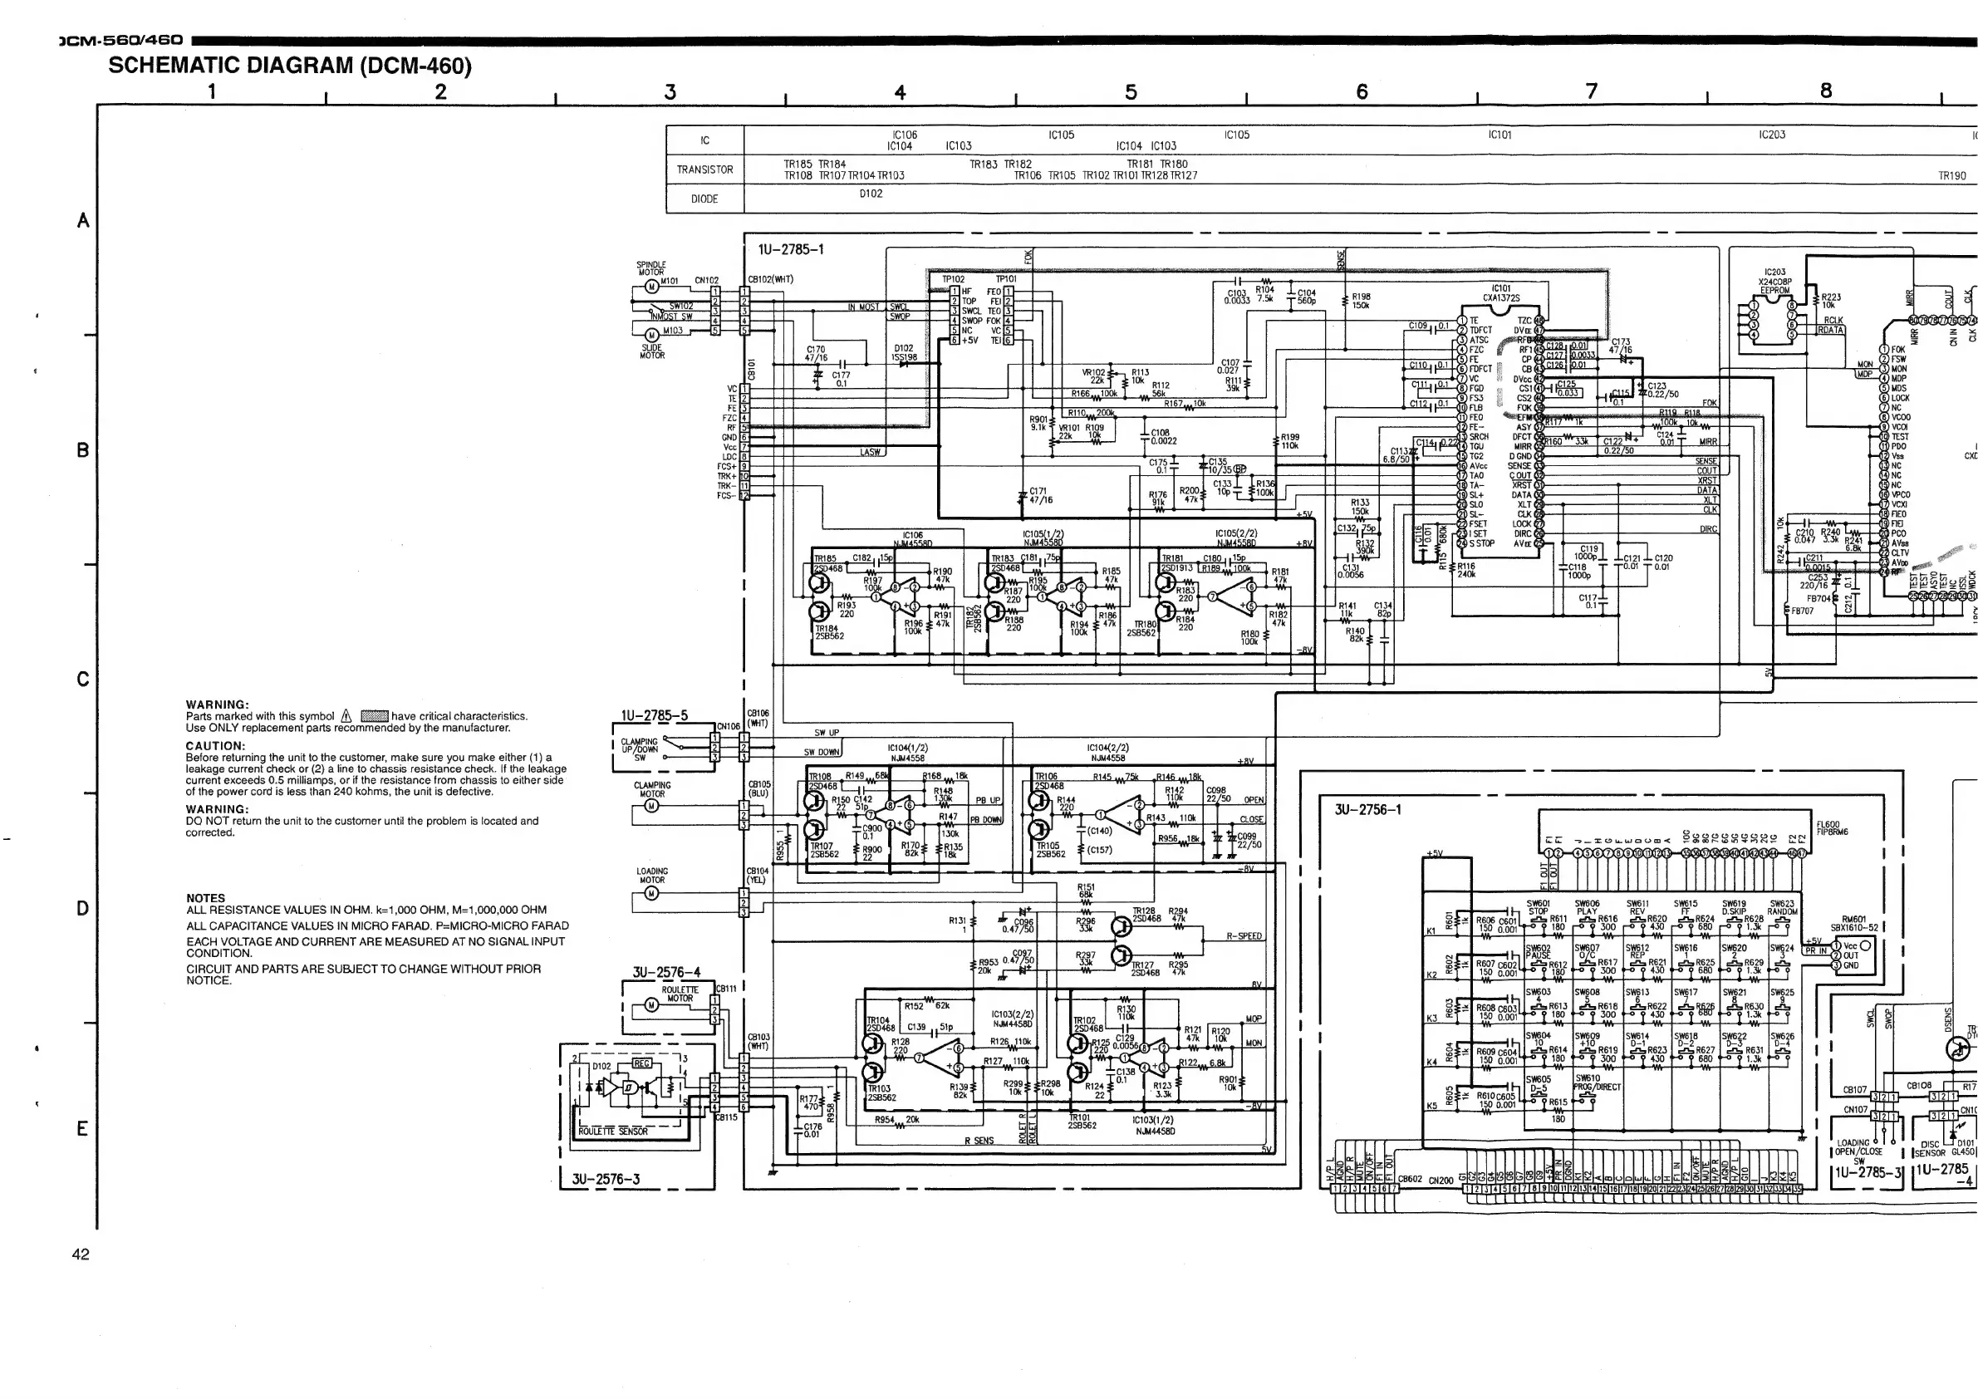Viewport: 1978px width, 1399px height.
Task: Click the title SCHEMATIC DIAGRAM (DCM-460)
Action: [x=289, y=66]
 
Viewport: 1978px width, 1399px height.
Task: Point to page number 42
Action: [x=80, y=1254]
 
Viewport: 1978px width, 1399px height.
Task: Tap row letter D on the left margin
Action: [x=83, y=908]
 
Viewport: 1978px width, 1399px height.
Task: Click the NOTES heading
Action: [x=205, y=897]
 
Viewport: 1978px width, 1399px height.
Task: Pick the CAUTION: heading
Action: [x=215, y=746]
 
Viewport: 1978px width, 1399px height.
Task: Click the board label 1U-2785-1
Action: [x=791, y=250]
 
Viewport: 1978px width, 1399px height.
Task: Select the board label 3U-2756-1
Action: [x=1368, y=810]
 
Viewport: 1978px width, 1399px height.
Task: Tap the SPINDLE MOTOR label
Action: [x=651, y=268]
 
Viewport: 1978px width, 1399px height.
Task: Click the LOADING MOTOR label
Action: [x=651, y=876]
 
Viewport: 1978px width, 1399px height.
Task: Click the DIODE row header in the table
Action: [x=704, y=199]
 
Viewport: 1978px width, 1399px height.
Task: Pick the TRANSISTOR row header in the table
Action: [x=704, y=169]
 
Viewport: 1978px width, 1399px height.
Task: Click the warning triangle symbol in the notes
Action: [x=346, y=716]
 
